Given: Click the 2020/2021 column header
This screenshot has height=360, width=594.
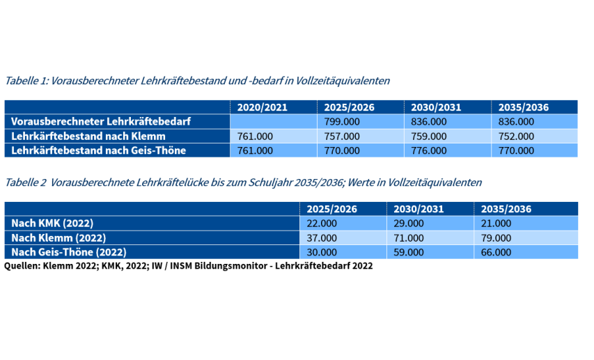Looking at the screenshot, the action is pyautogui.click(x=262, y=107).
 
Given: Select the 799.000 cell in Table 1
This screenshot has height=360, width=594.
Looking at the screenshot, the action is pyautogui.click(x=342, y=122).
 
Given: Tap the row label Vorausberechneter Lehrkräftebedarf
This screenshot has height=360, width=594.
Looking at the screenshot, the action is pyautogui.click(x=101, y=122).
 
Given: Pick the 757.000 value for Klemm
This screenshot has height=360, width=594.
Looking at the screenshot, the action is pyautogui.click(x=342, y=136).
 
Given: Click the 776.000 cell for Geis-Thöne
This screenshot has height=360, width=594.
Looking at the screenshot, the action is pyautogui.click(x=429, y=150).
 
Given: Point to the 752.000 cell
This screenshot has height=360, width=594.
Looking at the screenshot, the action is pyautogui.click(x=516, y=136).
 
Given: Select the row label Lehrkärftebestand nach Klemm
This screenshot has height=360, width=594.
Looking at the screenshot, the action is pyautogui.click(x=88, y=136).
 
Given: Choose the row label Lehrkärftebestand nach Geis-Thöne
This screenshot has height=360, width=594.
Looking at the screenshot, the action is pyautogui.click(x=98, y=150).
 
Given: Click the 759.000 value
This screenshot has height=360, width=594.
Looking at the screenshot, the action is pyautogui.click(x=429, y=136).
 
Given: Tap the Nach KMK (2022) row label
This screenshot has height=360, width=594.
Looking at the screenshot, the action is pyautogui.click(x=52, y=224).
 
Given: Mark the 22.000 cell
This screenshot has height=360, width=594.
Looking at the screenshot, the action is pyautogui.click(x=322, y=224).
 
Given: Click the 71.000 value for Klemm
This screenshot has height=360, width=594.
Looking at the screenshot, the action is pyautogui.click(x=408, y=238).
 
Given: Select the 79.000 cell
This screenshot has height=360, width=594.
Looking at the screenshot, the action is pyautogui.click(x=497, y=238).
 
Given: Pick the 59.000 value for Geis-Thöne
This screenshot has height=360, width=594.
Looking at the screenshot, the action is pyautogui.click(x=408, y=252).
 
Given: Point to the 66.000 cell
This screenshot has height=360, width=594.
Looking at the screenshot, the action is pyautogui.click(x=497, y=252).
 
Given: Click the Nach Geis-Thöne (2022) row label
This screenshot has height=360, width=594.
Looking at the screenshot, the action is pyautogui.click(x=69, y=252).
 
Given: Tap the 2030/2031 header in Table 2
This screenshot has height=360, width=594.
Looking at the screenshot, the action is pyautogui.click(x=419, y=209).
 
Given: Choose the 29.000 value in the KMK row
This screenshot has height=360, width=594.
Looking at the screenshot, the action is pyautogui.click(x=408, y=224).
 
